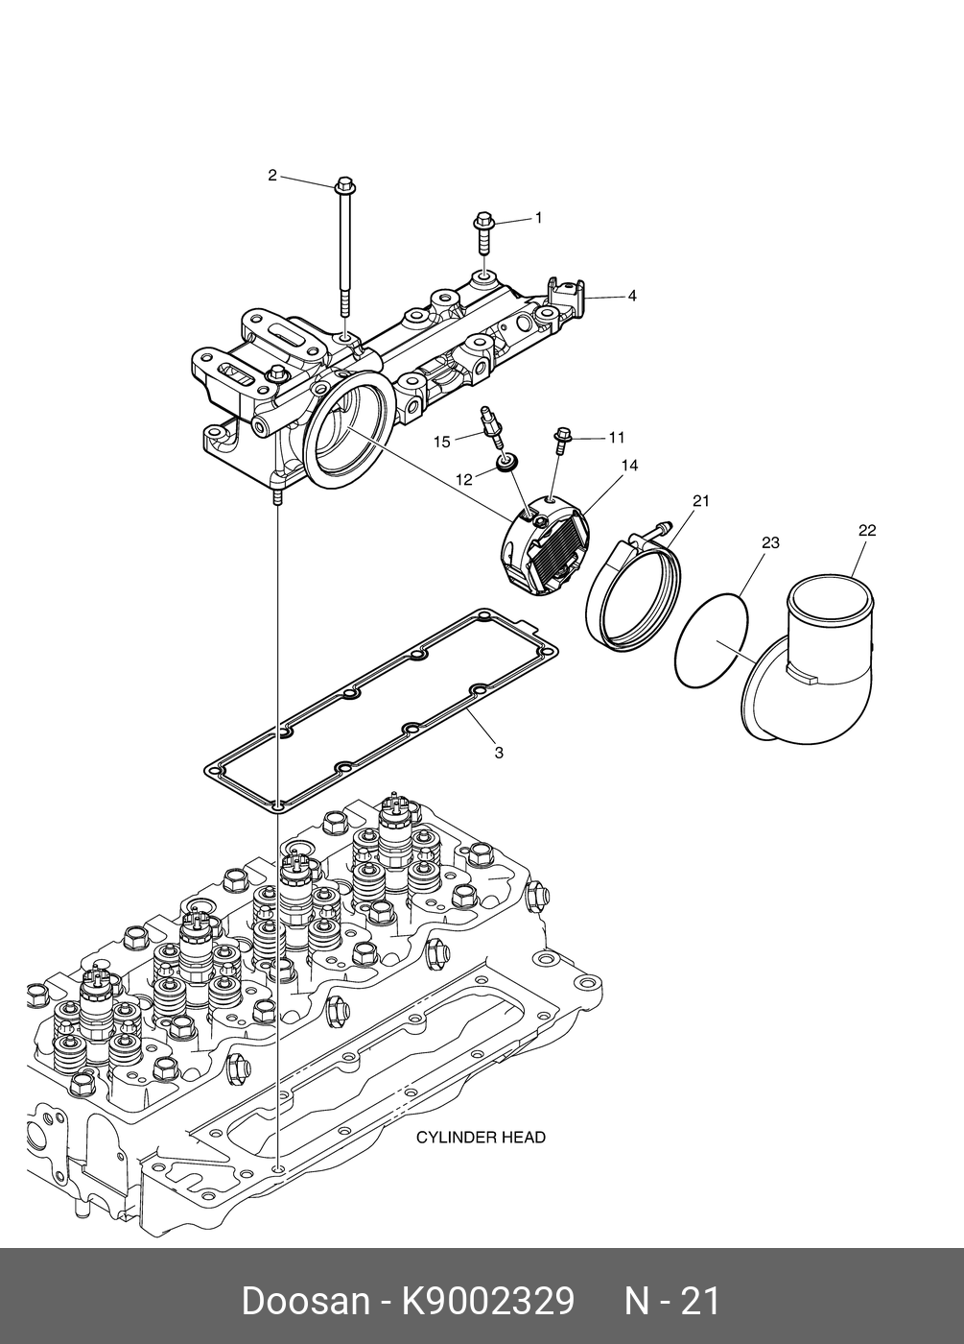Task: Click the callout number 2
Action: click(272, 176)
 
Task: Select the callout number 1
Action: click(538, 218)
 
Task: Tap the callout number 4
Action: click(632, 296)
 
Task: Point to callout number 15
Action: click(442, 443)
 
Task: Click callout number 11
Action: click(617, 438)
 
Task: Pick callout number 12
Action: click(464, 479)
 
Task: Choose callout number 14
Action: click(630, 465)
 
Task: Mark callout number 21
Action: click(701, 500)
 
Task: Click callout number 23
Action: click(770, 542)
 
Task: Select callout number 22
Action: click(867, 530)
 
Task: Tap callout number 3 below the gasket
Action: click(499, 753)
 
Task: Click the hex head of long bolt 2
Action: click(344, 183)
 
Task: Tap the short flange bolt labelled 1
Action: click(482, 235)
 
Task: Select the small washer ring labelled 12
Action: click(506, 464)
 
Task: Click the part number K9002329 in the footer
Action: click(487, 1297)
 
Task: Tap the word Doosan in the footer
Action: click(306, 1297)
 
